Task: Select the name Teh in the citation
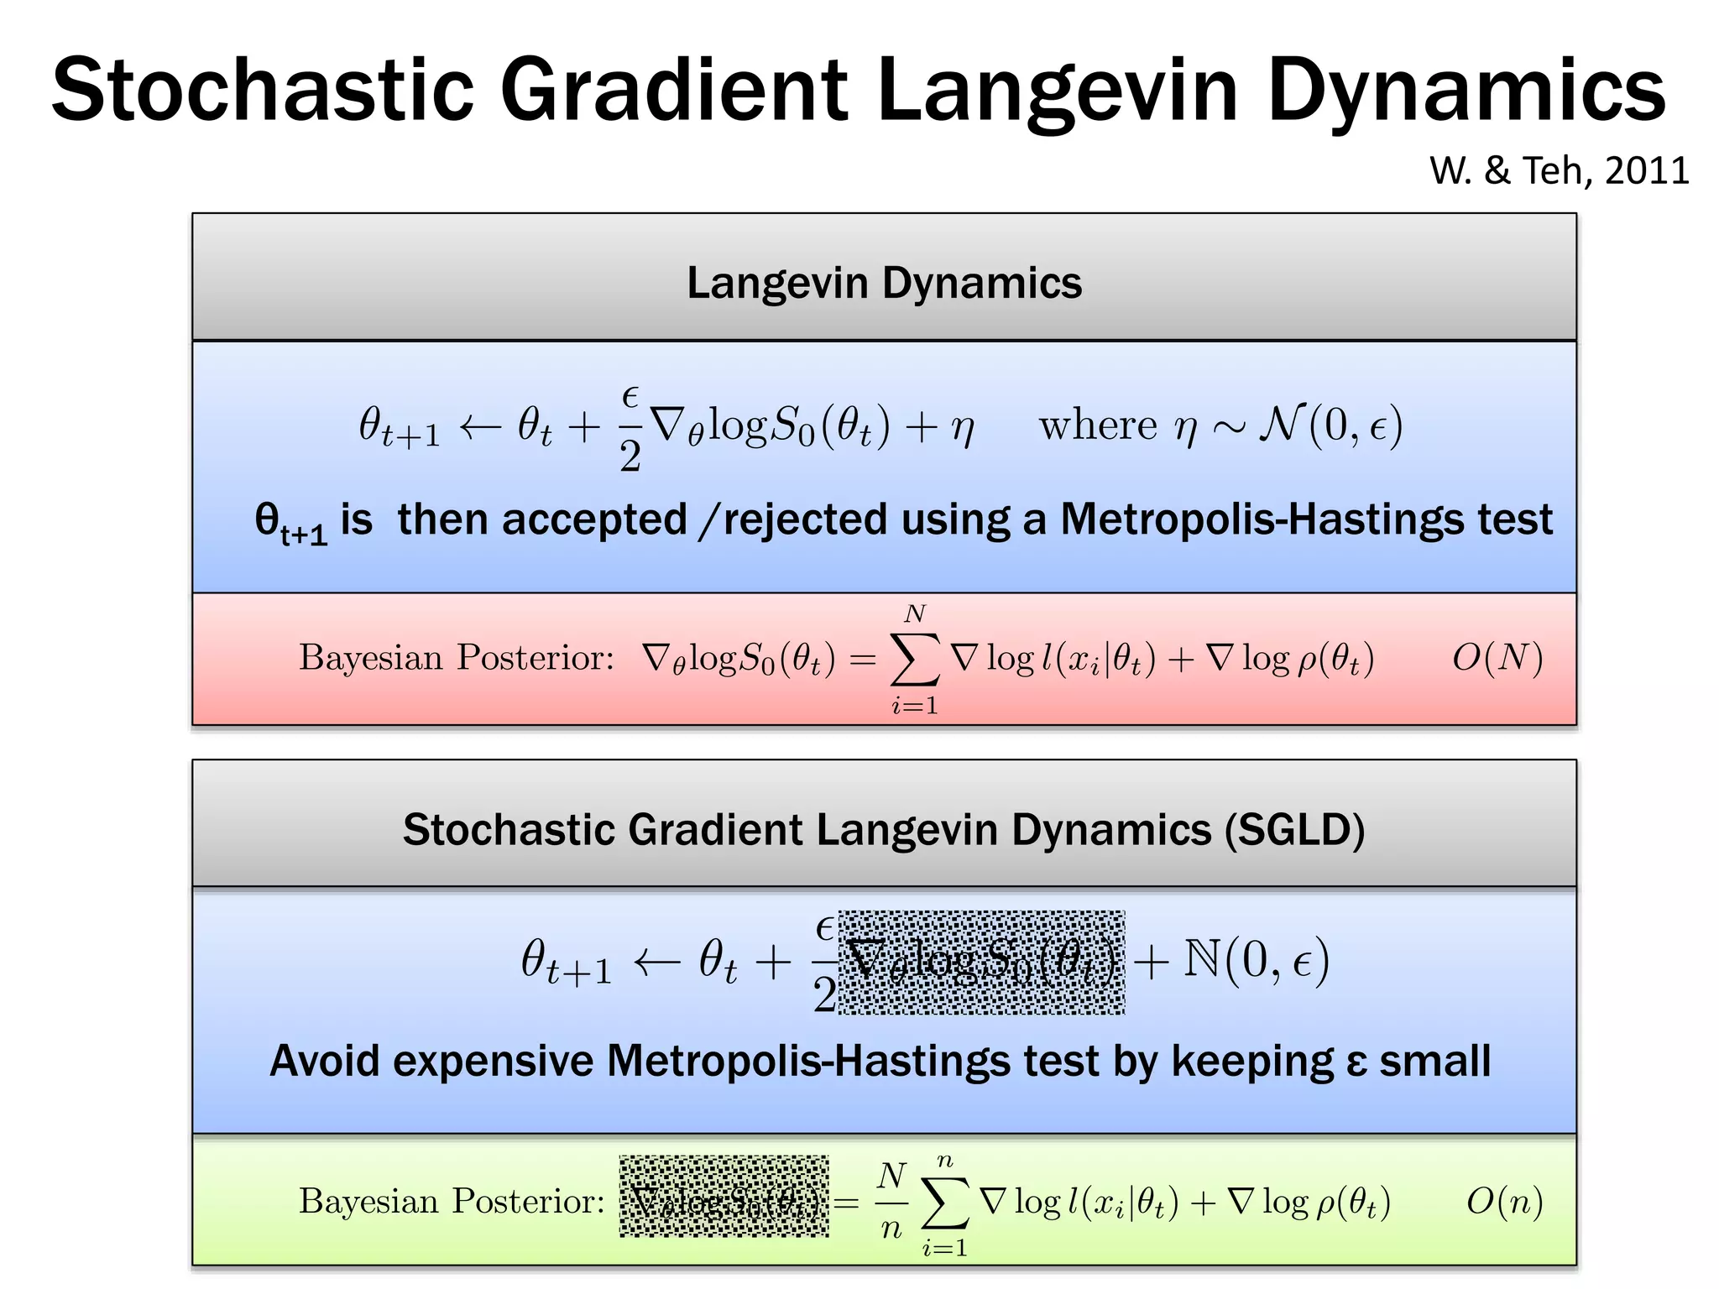point(1557,171)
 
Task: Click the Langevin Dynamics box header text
point(884,283)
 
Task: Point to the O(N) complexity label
point(1497,658)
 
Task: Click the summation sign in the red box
point(915,661)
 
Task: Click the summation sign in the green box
point(945,1204)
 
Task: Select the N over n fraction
point(891,1202)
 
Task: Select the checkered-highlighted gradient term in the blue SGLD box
point(981,963)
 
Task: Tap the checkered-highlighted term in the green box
point(724,1197)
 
